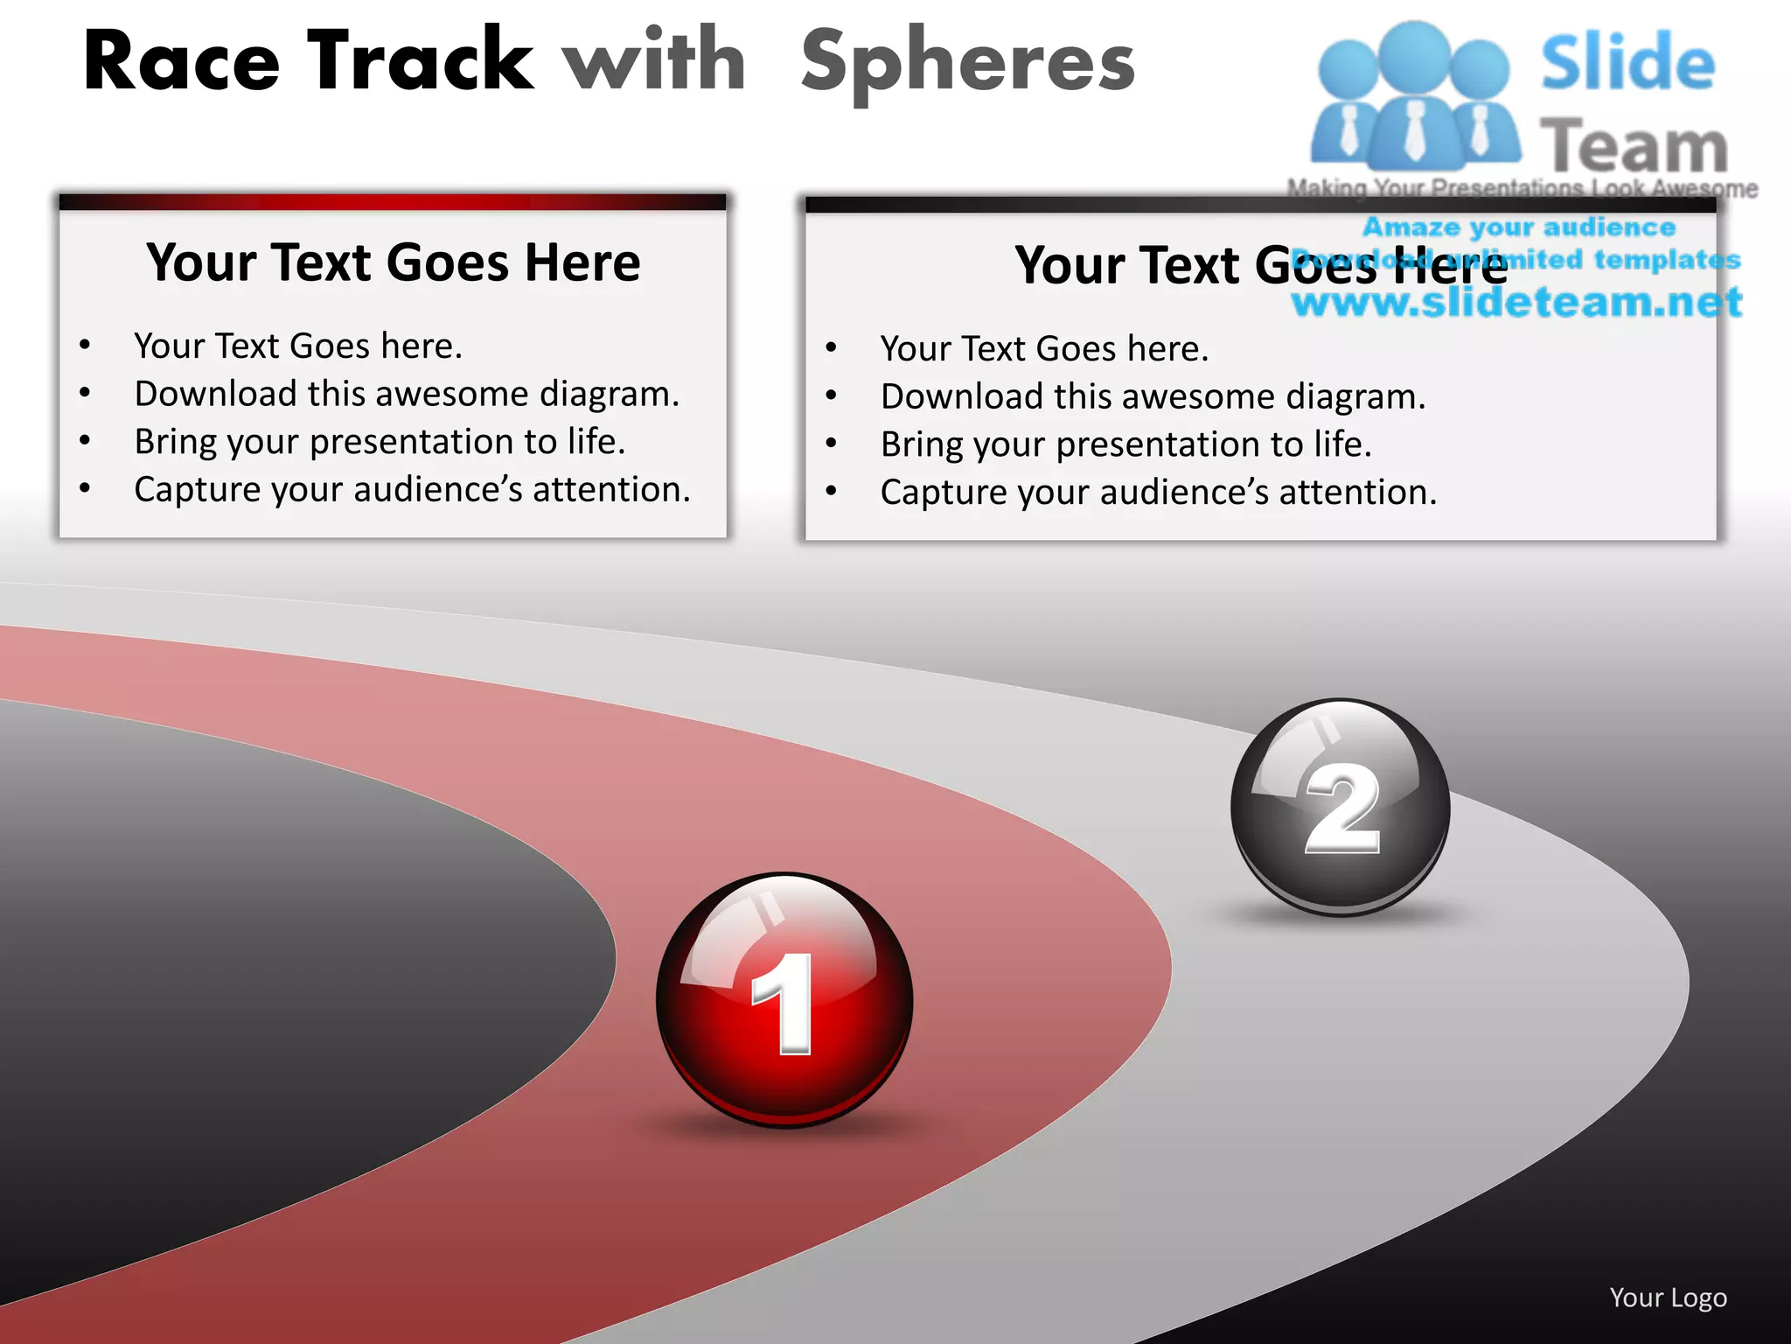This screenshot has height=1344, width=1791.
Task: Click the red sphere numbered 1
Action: [x=784, y=1000]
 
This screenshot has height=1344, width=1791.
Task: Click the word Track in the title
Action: [x=420, y=61]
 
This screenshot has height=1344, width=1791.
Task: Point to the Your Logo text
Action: [x=1668, y=1298]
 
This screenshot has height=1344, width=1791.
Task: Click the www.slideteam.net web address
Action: [x=1516, y=303]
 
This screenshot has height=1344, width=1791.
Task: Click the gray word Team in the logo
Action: [x=1633, y=146]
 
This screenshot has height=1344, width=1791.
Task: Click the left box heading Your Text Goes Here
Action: [x=393, y=262]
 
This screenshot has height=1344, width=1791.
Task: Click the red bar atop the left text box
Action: [x=393, y=202]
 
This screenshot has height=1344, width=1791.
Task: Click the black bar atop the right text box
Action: [x=1259, y=205]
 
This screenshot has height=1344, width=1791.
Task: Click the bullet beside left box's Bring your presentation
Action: [x=85, y=441]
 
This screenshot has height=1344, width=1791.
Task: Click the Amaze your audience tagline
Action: [x=1518, y=227]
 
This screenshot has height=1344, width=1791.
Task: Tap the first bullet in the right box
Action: [x=831, y=348]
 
